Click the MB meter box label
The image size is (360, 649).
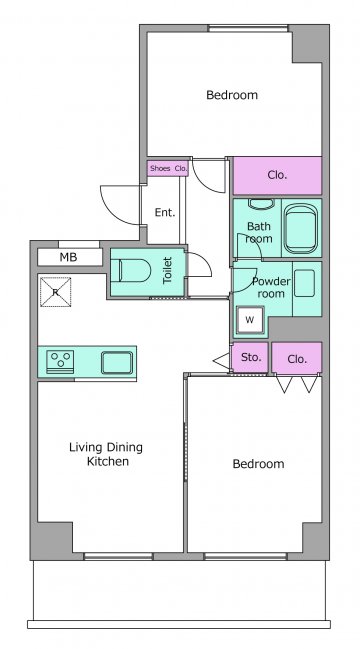pyautogui.click(x=68, y=257)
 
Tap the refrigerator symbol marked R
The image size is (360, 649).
pyautogui.click(x=55, y=292)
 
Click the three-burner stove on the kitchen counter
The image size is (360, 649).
pyautogui.click(x=60, y=361)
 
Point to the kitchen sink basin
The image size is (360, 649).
pyautogui.click(x=117, y=363)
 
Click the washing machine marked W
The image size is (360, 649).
pyautogui.click(x=250, y=320)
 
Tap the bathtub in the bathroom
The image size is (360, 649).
pyautogui.click(x=301, y=228)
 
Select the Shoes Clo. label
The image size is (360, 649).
pyautogui.click(x=168, y=168)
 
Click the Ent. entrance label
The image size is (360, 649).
pyautogui.click(x=165, y=213)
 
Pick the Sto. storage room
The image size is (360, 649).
pyautogui.click(x=250, y=357)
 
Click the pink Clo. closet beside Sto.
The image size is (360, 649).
pyautogui.click(x=297, y=358)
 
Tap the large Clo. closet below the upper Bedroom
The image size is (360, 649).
pyautogui.click(x=277, y=175)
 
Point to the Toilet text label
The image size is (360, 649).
pyautogui.click(x=167, y=270)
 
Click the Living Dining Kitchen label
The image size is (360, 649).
pyautogui.click(x=106, y=454)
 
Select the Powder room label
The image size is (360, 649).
pyautogui.click(x=271, y=288)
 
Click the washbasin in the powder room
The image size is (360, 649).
pyautogui.click(x=305, y=283)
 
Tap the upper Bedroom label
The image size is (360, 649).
pyautogui.click(x=232, y=95)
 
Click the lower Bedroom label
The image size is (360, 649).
pyautogui.click(x=258, y=464)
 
